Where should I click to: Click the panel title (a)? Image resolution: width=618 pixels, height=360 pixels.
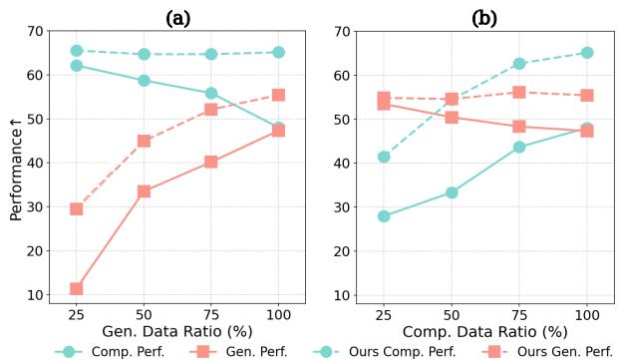(176, 17)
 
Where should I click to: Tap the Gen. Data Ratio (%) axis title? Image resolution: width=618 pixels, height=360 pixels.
(176, 331)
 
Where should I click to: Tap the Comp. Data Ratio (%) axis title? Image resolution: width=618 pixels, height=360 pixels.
(485, 331)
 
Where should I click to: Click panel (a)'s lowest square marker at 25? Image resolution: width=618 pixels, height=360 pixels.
(76, 288)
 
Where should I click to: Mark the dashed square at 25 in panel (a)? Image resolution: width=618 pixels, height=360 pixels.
(76, 208)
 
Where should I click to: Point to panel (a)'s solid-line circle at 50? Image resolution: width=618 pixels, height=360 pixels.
(144, 81)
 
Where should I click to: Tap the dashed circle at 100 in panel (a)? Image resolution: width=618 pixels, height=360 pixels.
(278, 52)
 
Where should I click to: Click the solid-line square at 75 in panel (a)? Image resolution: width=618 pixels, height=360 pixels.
(211, 162)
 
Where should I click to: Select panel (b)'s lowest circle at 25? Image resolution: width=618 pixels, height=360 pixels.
(384, 215)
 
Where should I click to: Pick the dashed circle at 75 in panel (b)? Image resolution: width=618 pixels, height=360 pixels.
(519, 63)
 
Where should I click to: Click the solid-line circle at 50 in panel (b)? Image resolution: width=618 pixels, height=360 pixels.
(452, 192)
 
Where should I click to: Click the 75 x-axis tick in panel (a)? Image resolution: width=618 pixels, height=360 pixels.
(211, 313)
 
